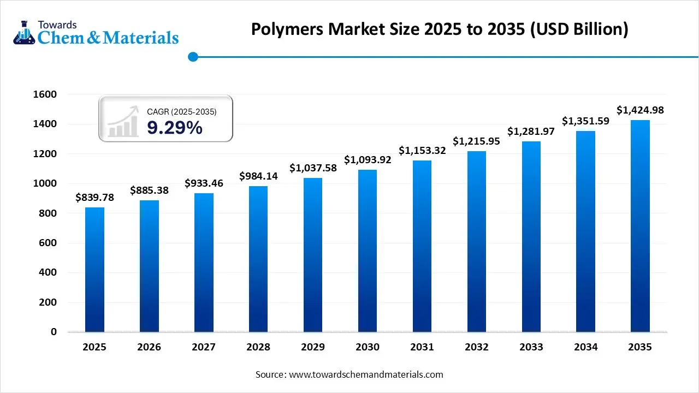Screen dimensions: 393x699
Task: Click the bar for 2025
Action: click(x=94, y=270)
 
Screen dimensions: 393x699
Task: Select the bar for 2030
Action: click(x=368, y=251)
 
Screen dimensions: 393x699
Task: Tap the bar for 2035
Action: click(x=640, y=226)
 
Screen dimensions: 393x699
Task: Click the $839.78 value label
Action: click(x=94, y=198)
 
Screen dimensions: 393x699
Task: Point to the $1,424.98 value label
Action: click(x=640, y=110)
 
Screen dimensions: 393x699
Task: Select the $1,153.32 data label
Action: click(x=422, y=150)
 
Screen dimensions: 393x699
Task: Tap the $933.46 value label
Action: click(x=204, y=183)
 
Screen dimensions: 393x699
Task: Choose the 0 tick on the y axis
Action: click(x=54, y=332)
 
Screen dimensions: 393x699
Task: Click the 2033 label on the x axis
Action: click(x=531, y=347)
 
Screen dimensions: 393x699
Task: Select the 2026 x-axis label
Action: click(x=149, y=347)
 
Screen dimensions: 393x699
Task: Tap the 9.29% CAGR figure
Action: click(x=175, y=128)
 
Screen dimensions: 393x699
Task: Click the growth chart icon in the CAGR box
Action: click(x=123, y=123)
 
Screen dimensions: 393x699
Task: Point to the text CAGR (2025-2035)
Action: click(x=182, y=112)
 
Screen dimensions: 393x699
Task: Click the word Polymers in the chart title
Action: click(x=287, y=29)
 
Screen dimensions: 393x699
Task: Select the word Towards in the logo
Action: click(x=57, y=25)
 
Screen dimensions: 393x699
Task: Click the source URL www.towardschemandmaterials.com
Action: click(x=365, y=375)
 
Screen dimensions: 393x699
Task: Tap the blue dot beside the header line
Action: click(x=192, y=56)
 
